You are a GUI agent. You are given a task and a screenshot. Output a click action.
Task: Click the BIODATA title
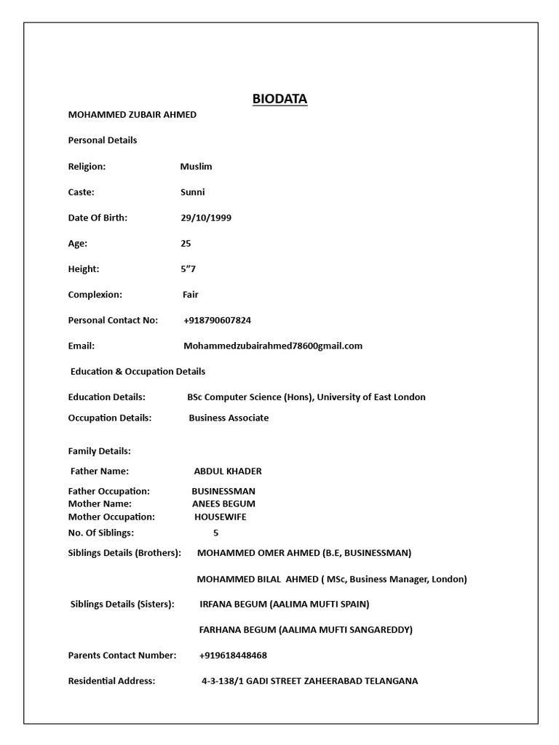pos(279,98)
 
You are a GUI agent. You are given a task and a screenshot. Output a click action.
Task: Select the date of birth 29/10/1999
pos(206,218)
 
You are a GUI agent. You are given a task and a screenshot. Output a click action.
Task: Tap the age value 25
pos(186,244)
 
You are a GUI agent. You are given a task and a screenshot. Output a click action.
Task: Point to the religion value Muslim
pos(196,167)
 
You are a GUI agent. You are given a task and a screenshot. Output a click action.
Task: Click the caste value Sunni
pos(192,192)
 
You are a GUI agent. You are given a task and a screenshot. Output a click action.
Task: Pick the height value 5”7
pos(188,269)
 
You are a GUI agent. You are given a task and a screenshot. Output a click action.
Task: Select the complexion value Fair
pos(190,295)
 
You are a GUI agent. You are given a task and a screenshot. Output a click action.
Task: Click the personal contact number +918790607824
pos(218,320)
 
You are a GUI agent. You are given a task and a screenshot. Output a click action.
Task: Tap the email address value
pos(273,346)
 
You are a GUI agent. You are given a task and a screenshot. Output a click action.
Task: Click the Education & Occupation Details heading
pos(138,371)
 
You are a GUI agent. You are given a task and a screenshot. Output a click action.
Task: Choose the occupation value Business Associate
pos(229,418)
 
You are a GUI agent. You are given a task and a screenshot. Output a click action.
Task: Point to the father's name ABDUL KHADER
pos(228,471)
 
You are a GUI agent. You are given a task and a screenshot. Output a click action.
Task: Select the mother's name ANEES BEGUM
pos(223,503)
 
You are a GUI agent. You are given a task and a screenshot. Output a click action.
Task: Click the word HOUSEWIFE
pos(220,517)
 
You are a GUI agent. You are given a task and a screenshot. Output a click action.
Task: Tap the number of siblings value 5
pos(215,533)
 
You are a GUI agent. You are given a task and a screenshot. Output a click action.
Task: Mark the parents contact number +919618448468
pos(233,655)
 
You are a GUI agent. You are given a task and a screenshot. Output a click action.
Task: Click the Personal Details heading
pos(102,140)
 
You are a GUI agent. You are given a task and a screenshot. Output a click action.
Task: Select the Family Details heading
pos(99,451)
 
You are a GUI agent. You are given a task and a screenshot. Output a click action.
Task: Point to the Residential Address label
pos(111,681)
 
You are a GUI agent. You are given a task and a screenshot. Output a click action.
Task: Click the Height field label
pos(83,269)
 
